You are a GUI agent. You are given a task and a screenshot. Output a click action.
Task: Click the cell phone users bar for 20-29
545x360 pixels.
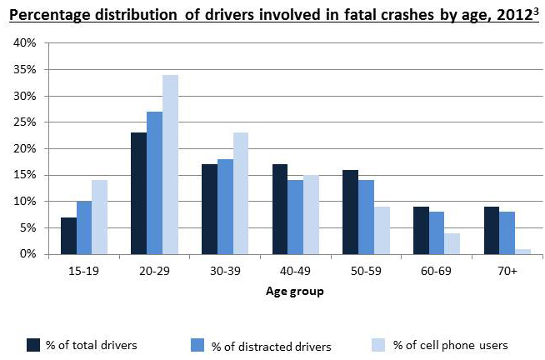(x=170, y=164)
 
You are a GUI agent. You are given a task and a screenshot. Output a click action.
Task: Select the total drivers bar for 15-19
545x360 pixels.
(x=68, y=236)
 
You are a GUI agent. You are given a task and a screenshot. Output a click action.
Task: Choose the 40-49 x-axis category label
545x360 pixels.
(x=293, y=272)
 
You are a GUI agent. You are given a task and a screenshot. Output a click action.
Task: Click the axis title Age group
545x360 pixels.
(x=294, y=292)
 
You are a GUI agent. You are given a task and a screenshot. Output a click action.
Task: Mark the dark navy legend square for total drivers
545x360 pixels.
(x=34, y=344)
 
